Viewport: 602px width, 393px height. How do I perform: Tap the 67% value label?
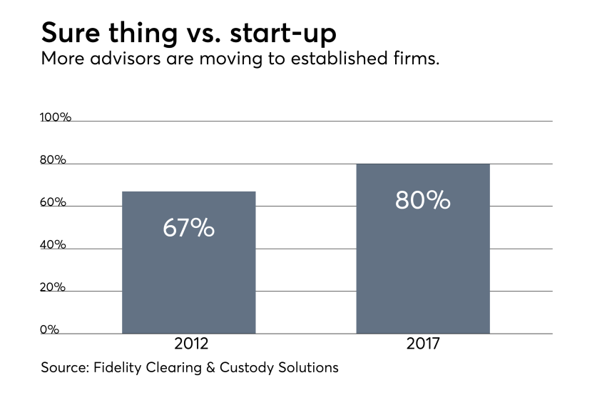coord(188,228)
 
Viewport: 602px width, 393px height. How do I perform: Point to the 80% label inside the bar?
coord(423,200)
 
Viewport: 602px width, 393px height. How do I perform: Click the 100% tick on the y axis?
coord(56,117)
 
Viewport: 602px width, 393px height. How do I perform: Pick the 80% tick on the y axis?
coord(53,160)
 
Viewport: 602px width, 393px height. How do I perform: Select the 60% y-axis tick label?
coord(53,202)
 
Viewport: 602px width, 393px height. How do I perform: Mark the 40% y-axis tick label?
coord(53,245)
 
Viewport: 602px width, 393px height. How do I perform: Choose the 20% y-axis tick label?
coord(53,287)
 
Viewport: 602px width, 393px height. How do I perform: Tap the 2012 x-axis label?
coord(191,344)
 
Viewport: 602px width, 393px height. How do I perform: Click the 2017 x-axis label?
coord(423,344)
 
